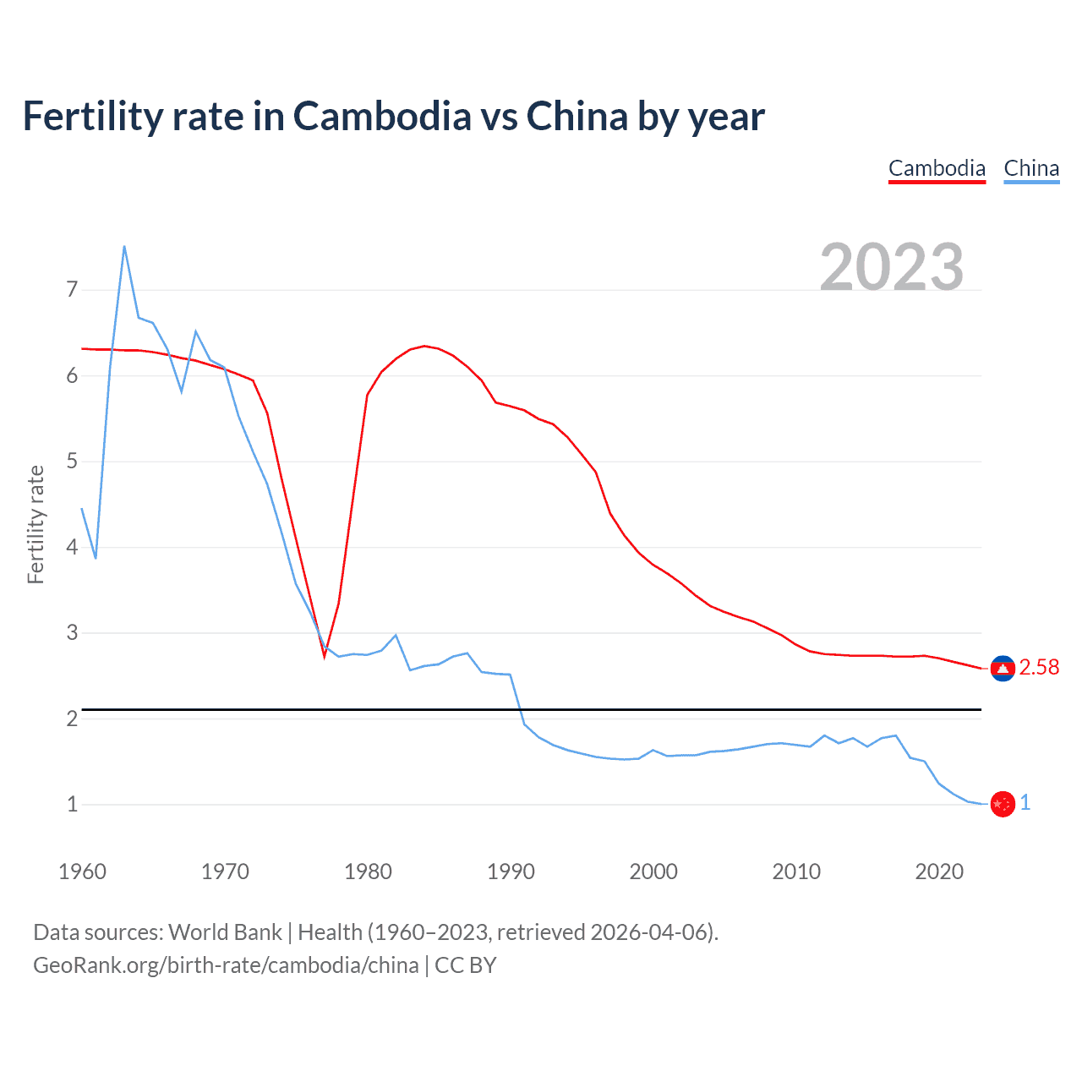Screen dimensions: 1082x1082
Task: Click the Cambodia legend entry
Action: [x=937, y=168]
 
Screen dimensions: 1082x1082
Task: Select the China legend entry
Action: [x=1031, y=168]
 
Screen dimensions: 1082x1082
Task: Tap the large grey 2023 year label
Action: [x=892, y=267]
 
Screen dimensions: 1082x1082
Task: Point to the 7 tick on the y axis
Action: [x=72, y=290]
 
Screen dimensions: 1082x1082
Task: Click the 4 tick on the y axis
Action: [x=72, y=547]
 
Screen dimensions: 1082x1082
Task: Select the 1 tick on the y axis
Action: [x=72, y=804]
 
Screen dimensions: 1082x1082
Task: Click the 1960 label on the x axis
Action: [x=82, y=872]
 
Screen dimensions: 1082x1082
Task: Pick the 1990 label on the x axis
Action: [x=511, y=872]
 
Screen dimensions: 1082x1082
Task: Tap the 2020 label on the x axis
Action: [x=939, y=872]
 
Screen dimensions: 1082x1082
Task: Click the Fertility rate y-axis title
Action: [x=36, y=524]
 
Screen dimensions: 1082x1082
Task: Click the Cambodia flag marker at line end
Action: [x=1003, y=669]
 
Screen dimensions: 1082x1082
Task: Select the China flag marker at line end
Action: [x=1003, y=804]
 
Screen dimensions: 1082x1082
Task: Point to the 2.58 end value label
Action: [x=1039, y=668]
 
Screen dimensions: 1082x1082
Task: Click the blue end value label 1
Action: [x=1025, y=803]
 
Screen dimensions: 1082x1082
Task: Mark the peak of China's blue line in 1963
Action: [x=124, y=246]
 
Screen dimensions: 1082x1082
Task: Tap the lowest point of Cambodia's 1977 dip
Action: [x=324, y=655]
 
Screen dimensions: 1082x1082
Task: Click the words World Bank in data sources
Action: [x=225, y=932]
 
